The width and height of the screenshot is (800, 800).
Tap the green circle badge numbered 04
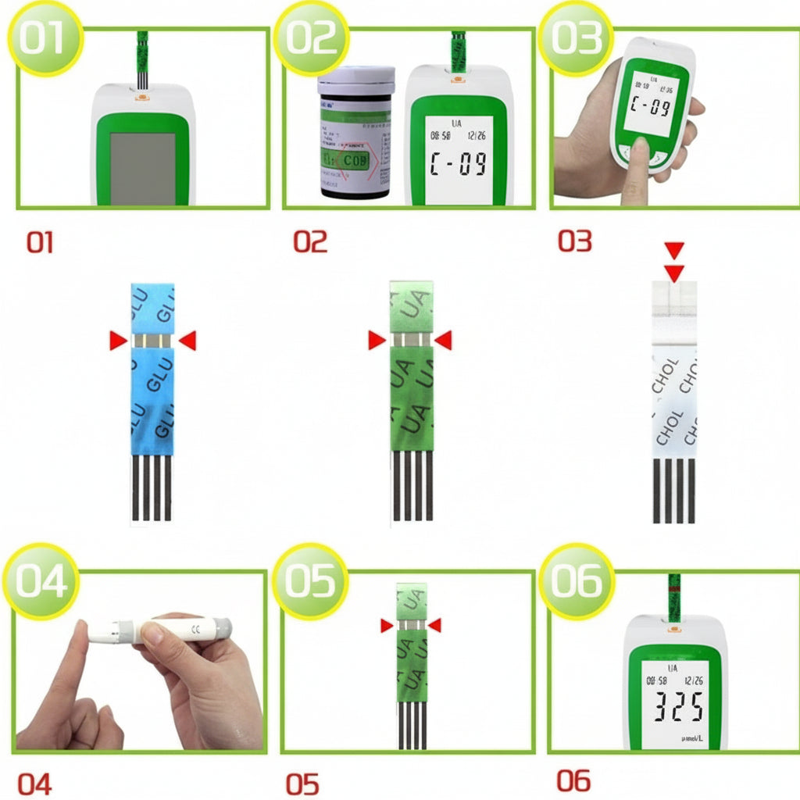tap(41, 582)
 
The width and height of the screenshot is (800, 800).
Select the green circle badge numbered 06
tap(576, 582)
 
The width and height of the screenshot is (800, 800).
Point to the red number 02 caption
tap(310, 242)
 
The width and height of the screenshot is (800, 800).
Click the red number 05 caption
tap(302, 784)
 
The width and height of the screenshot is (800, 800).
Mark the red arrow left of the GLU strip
tap(118, 341)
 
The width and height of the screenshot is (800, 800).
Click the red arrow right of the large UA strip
tap(444, 341)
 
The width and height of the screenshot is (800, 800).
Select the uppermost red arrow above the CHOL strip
tap(674, 250)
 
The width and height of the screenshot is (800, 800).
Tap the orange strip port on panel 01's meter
tap(141, 97)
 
